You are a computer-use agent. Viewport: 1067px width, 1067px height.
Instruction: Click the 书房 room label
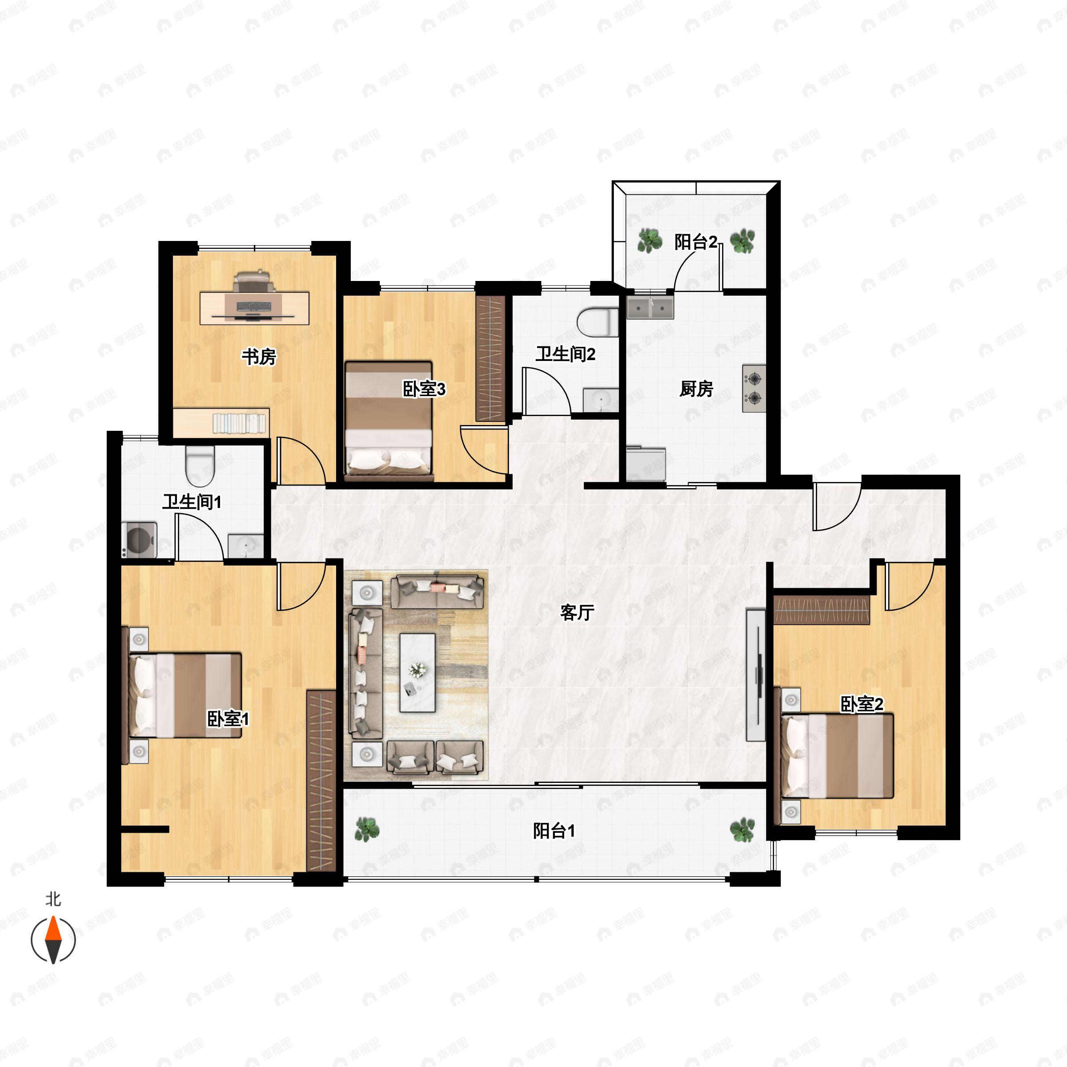pyautogui.click(x=258, y=357)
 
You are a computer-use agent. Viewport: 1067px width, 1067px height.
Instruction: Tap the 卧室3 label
pyautogui.click(x=424, y=389)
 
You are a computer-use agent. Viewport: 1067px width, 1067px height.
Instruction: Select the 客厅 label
pyautogui.click(x=577, y=612)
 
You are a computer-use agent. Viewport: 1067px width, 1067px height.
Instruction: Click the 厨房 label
pyautogui.click(x=696, y=389)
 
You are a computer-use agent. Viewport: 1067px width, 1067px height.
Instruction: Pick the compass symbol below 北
pyautogui.click(x=53, y=939)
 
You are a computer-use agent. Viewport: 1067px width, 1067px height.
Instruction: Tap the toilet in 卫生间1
pyautogui.click(x=199, y=465)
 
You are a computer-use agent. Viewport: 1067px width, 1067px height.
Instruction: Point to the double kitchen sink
pyautogui.click(x=650, y=307)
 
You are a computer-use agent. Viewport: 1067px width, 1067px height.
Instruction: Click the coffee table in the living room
pyautogui.click(x=417, y=673)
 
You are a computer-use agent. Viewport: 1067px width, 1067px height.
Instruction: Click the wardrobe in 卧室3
pyautogui.click(x=490, y=359)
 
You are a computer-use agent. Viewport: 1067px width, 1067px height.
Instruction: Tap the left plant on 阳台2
pyautogui.click(x=650, y=240)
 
